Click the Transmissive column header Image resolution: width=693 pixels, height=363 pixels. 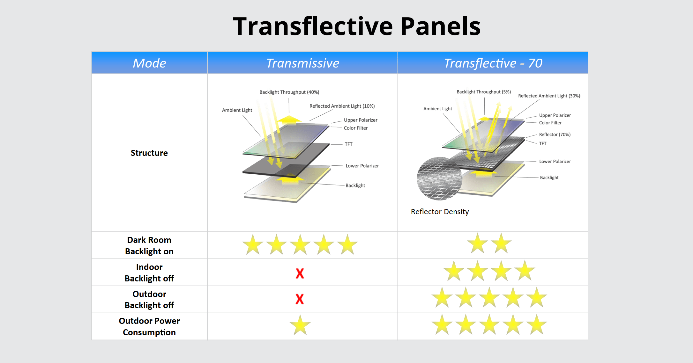tap(302, 63)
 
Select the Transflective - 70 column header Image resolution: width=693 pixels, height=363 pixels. tap(493, 63)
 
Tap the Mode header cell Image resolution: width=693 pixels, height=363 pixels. tap(149, 63)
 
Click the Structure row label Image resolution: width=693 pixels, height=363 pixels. tap(149, 153)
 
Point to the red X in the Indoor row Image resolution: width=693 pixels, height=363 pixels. tap(300, 273)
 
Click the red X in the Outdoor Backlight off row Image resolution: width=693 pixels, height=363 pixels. tap(300, 299)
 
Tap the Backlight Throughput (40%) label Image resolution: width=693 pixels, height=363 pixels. tap(289, 92)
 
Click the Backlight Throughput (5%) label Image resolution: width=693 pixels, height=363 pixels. tap(483, 92)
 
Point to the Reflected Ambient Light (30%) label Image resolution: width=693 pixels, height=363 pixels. tap(549, 96)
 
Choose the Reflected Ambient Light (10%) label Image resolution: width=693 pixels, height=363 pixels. tap(342, 106)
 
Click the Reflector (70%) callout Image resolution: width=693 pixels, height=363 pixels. tap(555, 134)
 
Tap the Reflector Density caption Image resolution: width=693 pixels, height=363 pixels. tap(440, 212)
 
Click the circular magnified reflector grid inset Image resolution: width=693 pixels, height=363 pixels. tap(439, 178)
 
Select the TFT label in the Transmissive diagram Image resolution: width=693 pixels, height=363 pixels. tap(348, 144)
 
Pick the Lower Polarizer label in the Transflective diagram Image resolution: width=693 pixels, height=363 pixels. tap(555, 162)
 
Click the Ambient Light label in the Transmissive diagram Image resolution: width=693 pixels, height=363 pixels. tap(237, 110)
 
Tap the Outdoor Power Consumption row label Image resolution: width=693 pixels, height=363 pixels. tap(149, 326)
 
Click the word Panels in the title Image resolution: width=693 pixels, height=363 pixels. tap(440, 26)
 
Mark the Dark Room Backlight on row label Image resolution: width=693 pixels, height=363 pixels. tap(149, 245)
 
